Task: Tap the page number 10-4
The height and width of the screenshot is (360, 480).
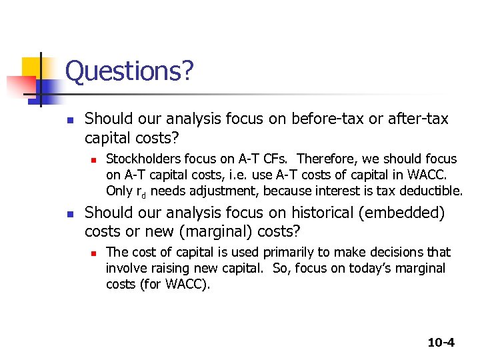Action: [441, 343]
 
